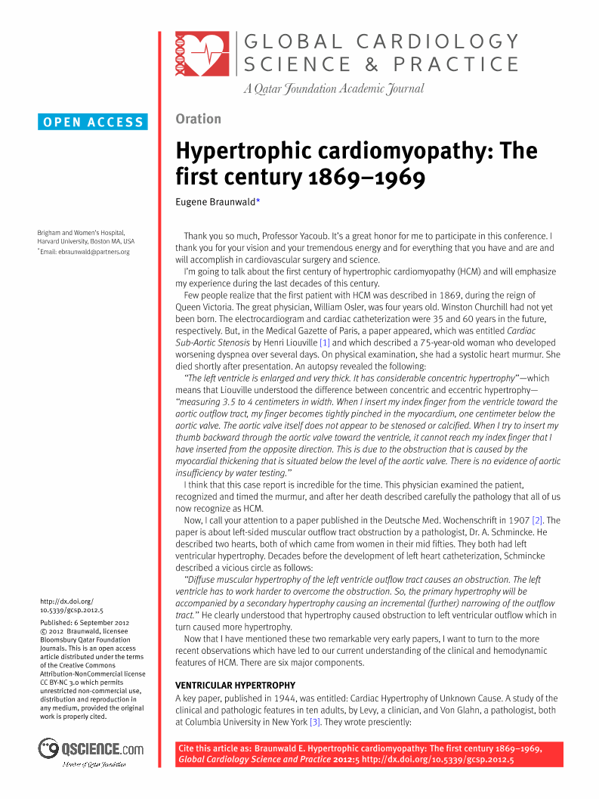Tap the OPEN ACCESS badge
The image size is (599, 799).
(x=93, y=122)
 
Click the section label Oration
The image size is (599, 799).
(x=198, y=119)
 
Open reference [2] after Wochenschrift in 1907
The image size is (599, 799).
(x=537, y=520)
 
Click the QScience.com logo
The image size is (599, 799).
(x=91, y=750)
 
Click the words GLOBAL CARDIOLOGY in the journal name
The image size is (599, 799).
(x=381, y=42)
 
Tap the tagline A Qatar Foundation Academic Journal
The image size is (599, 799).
(x=333, y=89)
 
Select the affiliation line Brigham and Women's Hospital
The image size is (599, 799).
(x=81, y=232)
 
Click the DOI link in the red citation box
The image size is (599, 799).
(x=437, y=760)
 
